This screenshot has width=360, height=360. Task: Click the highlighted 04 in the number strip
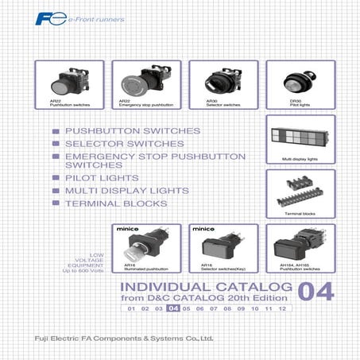173,308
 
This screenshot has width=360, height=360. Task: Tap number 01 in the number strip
131,308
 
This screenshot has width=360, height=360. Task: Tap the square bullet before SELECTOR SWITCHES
56,144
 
